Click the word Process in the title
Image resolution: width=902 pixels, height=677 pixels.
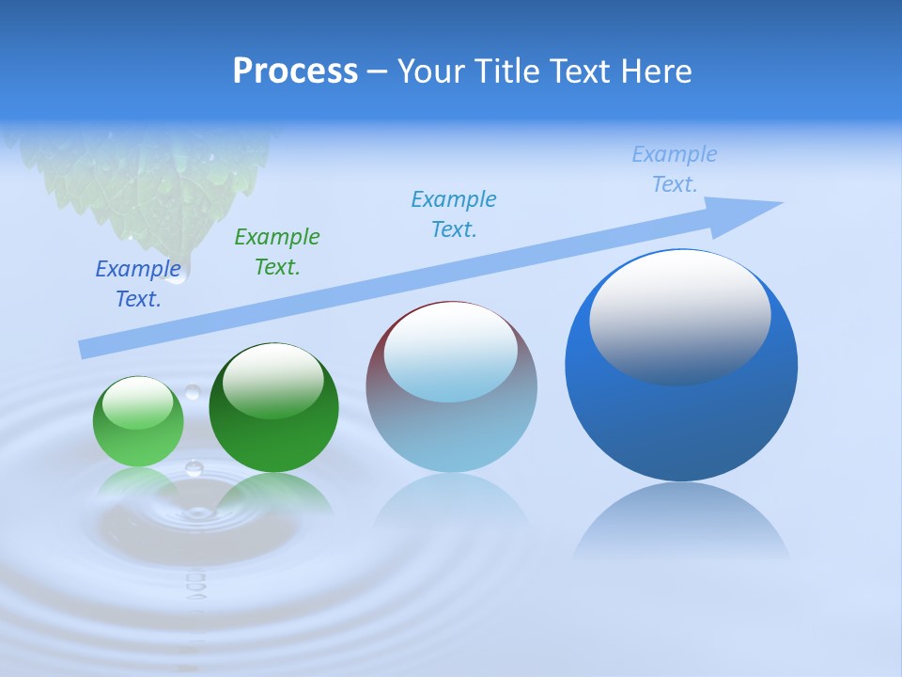[295, 71]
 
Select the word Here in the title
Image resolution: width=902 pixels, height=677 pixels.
[658, 71]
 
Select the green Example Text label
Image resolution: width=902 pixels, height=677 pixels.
[277, 251]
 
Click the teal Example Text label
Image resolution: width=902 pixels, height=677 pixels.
[454, 213]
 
